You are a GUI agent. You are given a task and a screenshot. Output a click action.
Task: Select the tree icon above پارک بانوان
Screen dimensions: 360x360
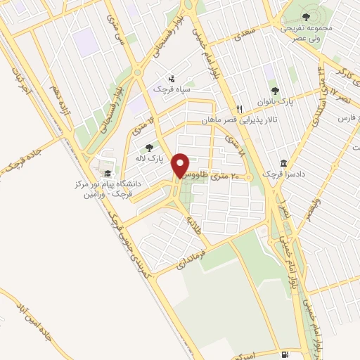pyautogui.click(x=275, y=91)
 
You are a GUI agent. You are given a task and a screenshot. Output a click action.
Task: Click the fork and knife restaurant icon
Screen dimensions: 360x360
pyautogui.click(x=239, y=109)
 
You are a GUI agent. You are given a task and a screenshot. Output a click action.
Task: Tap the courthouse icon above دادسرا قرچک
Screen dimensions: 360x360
pyautogui.click(x=283, y=162)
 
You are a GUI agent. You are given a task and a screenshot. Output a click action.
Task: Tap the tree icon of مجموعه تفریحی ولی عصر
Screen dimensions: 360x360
pyautogui.click(x=305, y=16)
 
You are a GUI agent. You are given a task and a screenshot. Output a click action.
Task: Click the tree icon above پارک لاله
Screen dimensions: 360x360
pyautogui.click(x=148, y=148)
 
